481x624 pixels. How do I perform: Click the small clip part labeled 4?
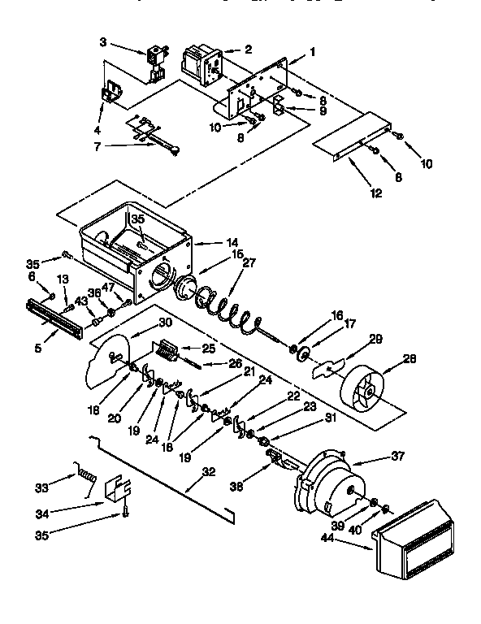(x=110, y=96)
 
